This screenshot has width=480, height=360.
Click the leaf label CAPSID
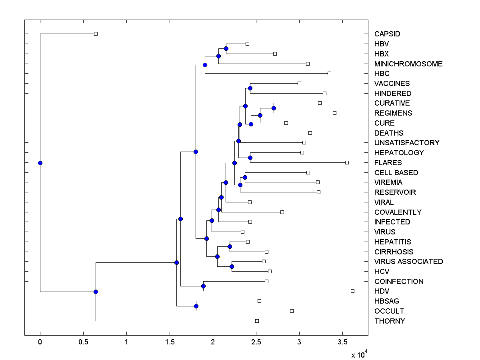pyautogui.click(x=387, y=34)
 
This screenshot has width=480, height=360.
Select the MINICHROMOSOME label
pyautogui.click(x=408, y=64)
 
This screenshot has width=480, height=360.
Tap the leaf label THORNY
pyautogui.click(x=390, y=321)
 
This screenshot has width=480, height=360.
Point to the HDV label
pyautogui.click(x=382, y=291)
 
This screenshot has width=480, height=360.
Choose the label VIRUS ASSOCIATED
pyautogui.click(x=408, y=262)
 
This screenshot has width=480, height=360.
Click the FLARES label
pyautogui.click(x=388, y=163)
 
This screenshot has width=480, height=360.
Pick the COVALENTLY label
pyautogui.click(x=398, y=212)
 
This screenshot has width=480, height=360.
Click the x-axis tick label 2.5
pyautogui.click(x=256, y=342)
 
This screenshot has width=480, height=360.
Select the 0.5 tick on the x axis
pyautogui.click(x=83, y=342)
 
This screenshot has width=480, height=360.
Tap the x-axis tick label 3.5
pyautogui.click(x=342, y=342)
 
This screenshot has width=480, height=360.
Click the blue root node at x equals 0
pyautogui.click(x=40, y=163)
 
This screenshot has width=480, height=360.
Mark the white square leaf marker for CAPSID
pyautogui.click(x=96, y=34)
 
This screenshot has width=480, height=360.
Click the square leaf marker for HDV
pyautogui.click(x=352, y=291)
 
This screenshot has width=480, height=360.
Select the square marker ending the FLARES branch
pyautogui.click(x=347, y=162)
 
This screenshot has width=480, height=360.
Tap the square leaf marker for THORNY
pyautogui.click(x=257, y=321)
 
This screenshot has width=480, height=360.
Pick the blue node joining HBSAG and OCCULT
pyautogui.click(x=196, y=306)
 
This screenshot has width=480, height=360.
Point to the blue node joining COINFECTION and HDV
pyautogui.click(x=203, y=286)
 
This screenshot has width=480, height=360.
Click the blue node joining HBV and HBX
pyautogui.click(x=226, y=48)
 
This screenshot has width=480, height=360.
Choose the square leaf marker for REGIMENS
pyautogui.click(x=334, y=113)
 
